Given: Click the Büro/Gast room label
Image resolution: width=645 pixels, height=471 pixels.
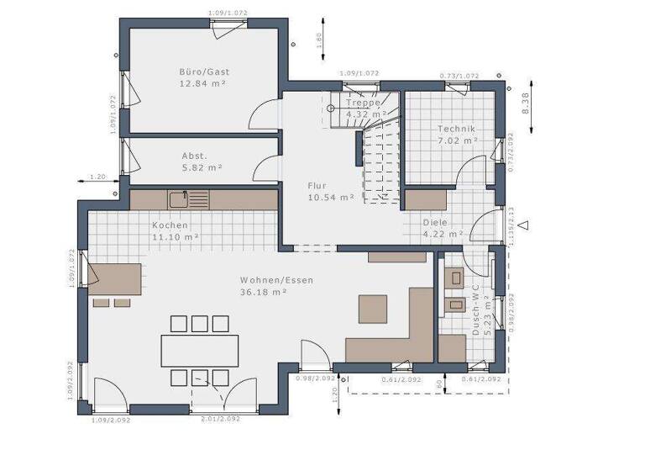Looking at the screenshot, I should [x=203, y=71].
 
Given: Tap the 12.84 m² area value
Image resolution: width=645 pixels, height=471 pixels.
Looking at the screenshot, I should [x=203, y=84].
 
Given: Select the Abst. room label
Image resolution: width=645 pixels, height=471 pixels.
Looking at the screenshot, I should [x=195, y=156].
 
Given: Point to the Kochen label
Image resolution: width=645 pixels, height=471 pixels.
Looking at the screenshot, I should [x=170, y=225].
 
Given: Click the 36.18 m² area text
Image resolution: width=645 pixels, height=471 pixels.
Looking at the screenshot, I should [x=264, y=292].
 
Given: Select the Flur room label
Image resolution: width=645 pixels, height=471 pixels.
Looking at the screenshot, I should [x=316, y=186].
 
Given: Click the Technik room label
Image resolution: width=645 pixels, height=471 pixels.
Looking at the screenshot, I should [x=456, y=129].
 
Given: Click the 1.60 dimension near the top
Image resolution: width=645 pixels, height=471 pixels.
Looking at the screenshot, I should [x=319, y=40].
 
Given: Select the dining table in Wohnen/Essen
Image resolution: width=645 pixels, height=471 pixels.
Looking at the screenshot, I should [x=200, y=350].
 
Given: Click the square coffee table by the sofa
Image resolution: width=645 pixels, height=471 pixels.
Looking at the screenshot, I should [x=373, y=309].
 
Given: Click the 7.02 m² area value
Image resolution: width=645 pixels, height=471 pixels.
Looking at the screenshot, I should [x=456, y=141].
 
